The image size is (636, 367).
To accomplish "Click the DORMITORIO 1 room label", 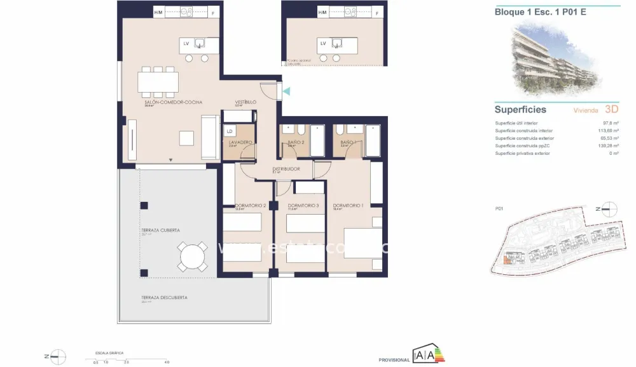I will [x=347, y=205].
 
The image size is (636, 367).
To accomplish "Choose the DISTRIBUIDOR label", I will [x=286, y=169].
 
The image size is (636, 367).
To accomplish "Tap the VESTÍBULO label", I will [x=245, y=102].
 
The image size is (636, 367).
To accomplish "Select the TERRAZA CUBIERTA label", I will [x=160, y=230].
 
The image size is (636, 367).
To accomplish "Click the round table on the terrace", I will [x=192, y=257].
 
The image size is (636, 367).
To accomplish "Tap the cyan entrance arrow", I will [x=287, y=91].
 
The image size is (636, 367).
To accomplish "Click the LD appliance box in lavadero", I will [x=229, y=131].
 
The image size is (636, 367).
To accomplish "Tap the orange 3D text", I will [x=612, y=109].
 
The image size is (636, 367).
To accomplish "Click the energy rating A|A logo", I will [x=424, y=355].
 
